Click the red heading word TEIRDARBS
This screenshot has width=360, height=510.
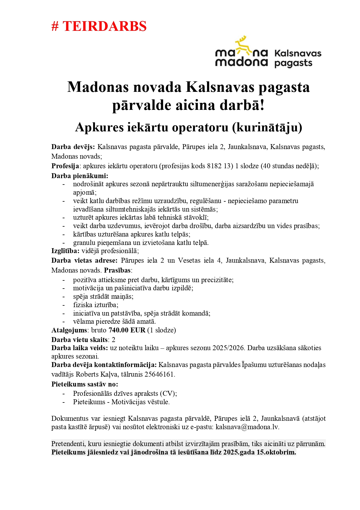pyautogui.click(x=105, y=26)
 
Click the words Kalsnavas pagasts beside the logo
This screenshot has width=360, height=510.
pyautogui.click(x=297, y=58)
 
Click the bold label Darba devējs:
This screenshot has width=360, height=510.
pyautogui.click(x=73, y=147)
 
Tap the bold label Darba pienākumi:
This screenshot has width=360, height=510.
pyautogui.click(x=80, y=176)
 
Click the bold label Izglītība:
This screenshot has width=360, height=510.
pyautogui.click(x=65, y=251)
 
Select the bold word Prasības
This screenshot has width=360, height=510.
pyautogui.click(x=117, y=270)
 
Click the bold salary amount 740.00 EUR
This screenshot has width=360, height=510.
pyautogui.click(x=127, y=330)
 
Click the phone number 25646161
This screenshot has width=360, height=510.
pyautogui.click(x=160, y=374)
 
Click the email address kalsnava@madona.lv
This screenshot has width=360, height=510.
pyautogui.click(x=247, y=427)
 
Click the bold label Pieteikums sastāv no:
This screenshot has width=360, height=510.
pyautogui.click(x=85, y=384)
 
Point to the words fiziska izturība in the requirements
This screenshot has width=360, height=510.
pyautogui.click(x=95, y=305)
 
